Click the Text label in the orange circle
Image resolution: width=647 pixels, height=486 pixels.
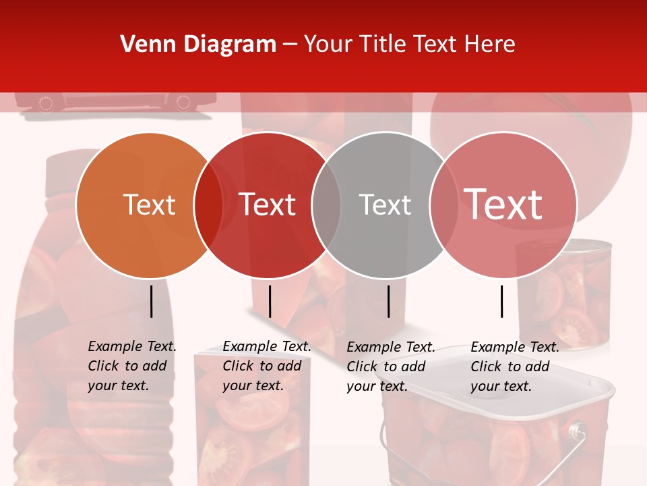coord(149,205)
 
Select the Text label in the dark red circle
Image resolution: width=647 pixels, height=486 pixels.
coord(267,205)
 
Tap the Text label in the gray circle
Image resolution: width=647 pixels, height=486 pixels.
coord(385,205)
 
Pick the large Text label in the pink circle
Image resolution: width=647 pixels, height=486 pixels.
coord(503,205)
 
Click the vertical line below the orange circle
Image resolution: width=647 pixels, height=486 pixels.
coord(151,301)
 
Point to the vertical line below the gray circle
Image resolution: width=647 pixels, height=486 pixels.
coord(388,301)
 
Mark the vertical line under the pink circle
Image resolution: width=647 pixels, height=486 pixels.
coord(501,301)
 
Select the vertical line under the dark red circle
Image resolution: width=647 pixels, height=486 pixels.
coord(270,301)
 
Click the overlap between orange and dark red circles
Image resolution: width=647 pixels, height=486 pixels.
coord(208,205)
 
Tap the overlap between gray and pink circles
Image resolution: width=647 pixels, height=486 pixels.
coord(444,205)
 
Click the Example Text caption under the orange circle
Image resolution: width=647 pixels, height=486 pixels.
coord(132,346)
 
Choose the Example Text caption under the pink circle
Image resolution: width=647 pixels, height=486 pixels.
coord(515,347)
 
